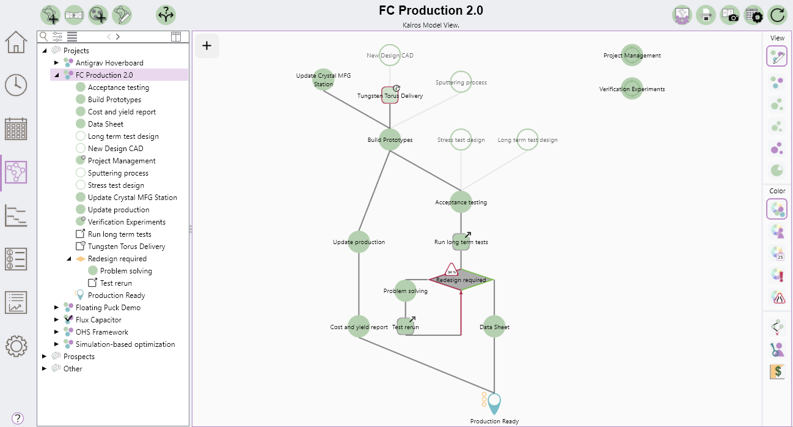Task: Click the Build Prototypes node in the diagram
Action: (390, 139)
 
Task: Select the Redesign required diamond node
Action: (461, 280)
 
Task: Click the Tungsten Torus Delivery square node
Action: (390, 95)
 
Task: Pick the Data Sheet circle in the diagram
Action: (494, 327)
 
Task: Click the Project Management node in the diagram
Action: (632, 55)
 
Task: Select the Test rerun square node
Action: (406, 327)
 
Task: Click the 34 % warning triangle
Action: (451, 270)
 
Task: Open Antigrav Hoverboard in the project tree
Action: (109, 63)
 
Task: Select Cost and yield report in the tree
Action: (122, 112)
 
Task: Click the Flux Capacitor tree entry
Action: (98, 320)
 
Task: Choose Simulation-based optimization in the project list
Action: (125, 344)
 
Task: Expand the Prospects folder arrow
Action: (45, 357)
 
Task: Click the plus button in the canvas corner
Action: (207, 45)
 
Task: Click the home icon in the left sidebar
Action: (16, 42)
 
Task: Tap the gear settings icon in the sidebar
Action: (16, 346)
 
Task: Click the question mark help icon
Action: (18, 418)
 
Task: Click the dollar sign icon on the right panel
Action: (777, 371)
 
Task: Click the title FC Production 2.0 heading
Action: (431, 10)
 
